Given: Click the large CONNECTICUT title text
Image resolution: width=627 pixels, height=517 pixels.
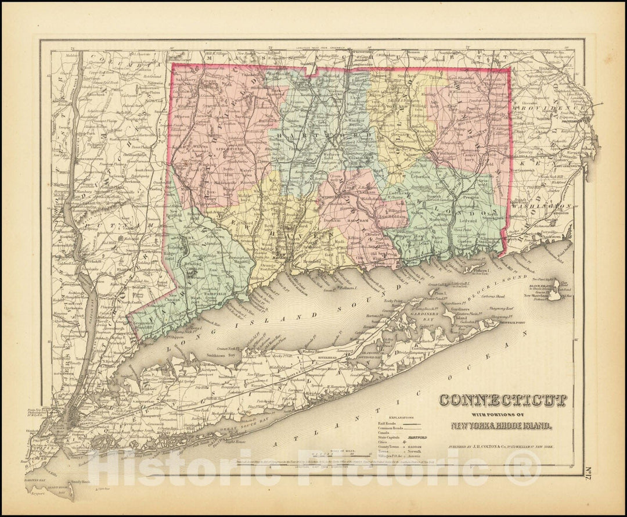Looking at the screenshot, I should click(x=503, y=401).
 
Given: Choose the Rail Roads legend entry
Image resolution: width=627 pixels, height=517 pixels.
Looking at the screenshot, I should click(x=387, y=424).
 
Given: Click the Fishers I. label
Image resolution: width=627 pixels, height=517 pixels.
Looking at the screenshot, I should click(x=482, y=270).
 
